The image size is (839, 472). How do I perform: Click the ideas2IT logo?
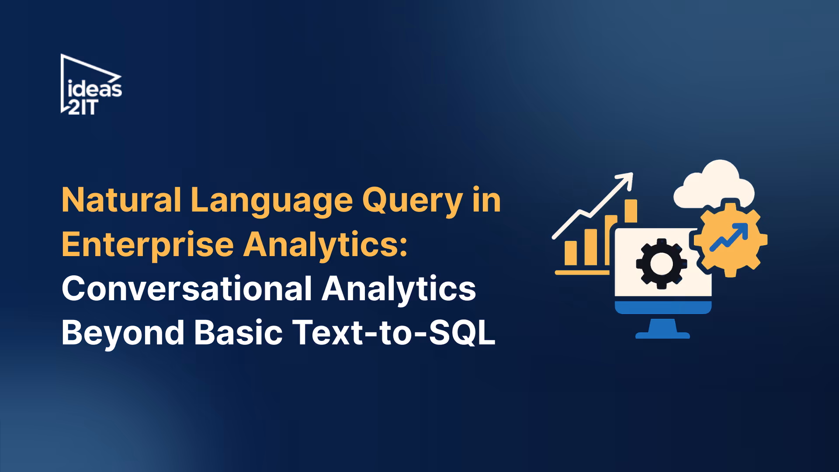pos(91,85)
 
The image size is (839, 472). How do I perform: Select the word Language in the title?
pos(271,201)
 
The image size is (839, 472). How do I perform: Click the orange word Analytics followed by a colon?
pos(325,245)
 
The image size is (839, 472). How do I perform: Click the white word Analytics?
pos(399,289)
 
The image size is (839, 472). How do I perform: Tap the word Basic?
pos(238,333)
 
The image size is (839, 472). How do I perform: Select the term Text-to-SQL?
pos(394,333)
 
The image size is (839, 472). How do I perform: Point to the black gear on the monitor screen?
pos(662,264)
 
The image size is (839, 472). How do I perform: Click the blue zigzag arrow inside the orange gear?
pos(729,237)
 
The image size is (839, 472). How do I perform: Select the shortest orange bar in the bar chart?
pos(571,253)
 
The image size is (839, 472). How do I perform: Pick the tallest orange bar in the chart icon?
pos(631,211)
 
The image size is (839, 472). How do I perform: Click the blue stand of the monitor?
pos(662,329)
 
